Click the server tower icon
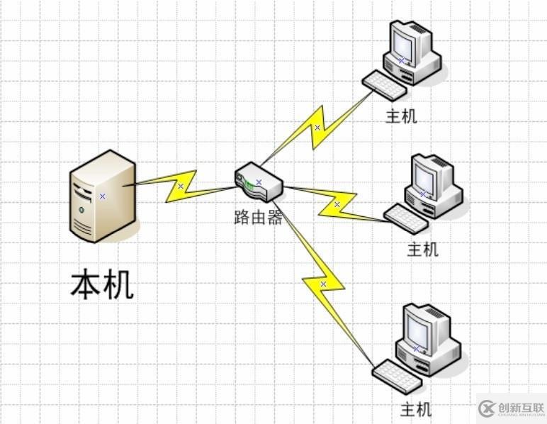click(102, 196)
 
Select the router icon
click(259, 182)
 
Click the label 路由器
click(258, 218)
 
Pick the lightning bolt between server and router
click(181, 186)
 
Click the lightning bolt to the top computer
click(317, 128)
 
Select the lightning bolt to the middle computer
click(337, 204)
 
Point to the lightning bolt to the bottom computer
click(323, 284)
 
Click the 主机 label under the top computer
click(401, 116)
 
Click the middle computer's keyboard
click(406, 218)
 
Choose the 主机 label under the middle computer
click(422, 250)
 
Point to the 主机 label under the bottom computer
click(416, 409)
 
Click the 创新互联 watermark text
click(519, 408)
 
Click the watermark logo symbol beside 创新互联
click(487, 408)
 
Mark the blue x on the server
click(102, 196)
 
